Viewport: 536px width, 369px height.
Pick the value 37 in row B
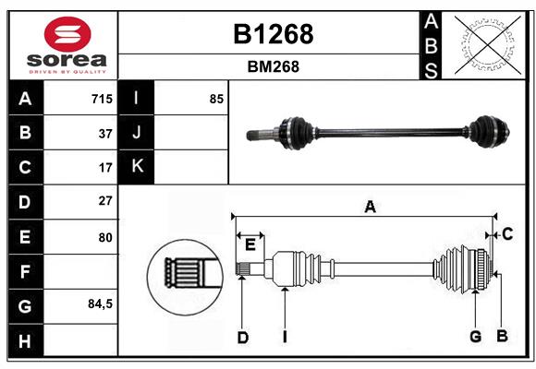pyautogui.click(x=104, y=133)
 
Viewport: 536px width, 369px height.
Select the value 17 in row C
pyautogui.click(x=104, y=168)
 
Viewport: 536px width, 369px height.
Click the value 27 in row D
pyautogui.click(x=104, y=201)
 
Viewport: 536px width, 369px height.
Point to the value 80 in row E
pyautogui.click(x=104, y=237)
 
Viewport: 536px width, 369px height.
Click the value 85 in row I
pyautogui.click(x=216, y=99)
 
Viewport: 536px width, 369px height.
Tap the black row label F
pyautogui.click(x=25, y=271)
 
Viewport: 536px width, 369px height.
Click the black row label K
pyautogui.click(x=137, y=167)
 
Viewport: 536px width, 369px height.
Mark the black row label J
pyautogui.click(x=137, y=133)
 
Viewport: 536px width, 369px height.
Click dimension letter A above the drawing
pyautogui.click(x=370, y=208)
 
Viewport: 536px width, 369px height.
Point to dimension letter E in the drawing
pyautogui.click(x=250, y=244)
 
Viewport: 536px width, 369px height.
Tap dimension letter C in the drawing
pyautogui.click(x=506, y=235)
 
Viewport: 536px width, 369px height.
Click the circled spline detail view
pyautogui.click(x=183, y=274)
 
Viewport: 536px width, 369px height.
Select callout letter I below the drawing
pyautogui.click(x=286, y=337)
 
